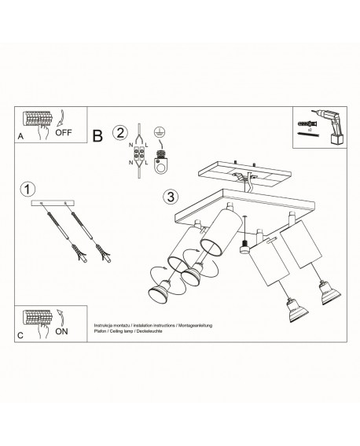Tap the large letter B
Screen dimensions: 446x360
click(x=98, y=136)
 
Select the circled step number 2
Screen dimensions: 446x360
click(x=119, y=132)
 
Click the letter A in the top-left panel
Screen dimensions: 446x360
click(x=20, y=137)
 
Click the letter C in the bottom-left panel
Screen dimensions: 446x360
click(x=21, y=334)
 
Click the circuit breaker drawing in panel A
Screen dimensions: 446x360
click(x=39, y=120)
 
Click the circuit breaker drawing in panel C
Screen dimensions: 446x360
click(x=39, y=319)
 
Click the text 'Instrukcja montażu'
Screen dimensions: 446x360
click(x=109, y=324)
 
